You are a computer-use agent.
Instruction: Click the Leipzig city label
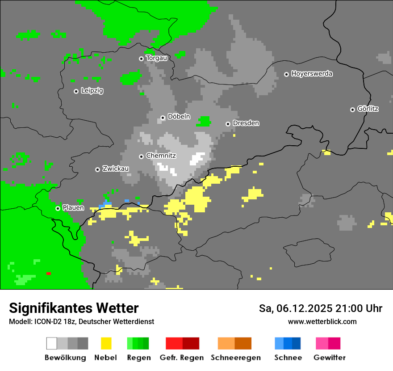click(x=92, y=91)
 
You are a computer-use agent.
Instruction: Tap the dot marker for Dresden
click(x=228, y=124)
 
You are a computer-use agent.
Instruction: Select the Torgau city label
click(x=157, y=58)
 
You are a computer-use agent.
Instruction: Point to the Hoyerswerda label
click(x=312, y=74)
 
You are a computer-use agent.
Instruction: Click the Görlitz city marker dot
click(x=352, y=110)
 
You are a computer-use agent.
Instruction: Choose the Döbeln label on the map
click(x=179, y=117)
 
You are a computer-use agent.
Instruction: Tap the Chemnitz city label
click(x=161, y=156)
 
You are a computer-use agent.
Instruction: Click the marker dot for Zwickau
click(x=97, y=169)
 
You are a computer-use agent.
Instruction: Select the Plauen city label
click(x=73, y=208)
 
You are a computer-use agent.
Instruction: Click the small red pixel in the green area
click(x=48, y=274)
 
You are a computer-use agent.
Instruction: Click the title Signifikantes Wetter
click(x=74, y=308)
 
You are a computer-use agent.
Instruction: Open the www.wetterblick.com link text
click(x=322, y=322)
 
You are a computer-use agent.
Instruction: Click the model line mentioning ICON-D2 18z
click(x=81, y=322)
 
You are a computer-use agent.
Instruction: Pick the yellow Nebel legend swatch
click(x=106, y=343)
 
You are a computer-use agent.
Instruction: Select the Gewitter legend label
click(x=330, y=358)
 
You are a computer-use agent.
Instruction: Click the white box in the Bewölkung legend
click(x=52, y=343)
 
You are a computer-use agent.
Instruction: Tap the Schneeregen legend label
click(x=236, y=358)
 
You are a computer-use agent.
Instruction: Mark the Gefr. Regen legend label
click(x=182, y=358)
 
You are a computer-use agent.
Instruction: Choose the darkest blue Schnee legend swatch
click(x=297, y=343)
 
